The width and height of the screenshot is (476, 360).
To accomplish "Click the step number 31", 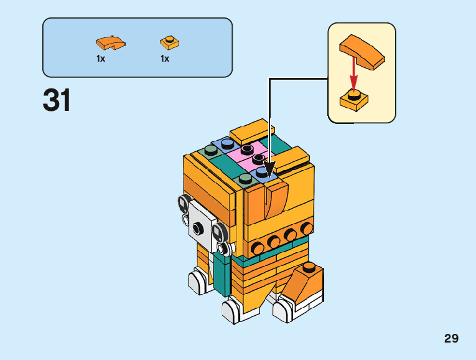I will point(57,102).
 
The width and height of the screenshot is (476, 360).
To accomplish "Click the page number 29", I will point(451,339).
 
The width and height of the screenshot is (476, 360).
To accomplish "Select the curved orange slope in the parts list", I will point(110,42).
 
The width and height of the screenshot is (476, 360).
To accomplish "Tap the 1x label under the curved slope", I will point(101,59).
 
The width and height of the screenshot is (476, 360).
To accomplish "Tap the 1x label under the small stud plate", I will point(165,59).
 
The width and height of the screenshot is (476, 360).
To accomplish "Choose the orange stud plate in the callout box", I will point(353,100).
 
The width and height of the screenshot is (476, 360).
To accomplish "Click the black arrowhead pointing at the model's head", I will point(269,169).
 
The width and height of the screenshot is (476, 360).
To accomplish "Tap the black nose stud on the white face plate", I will point(198,229).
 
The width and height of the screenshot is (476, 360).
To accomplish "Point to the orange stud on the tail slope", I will point(308,267).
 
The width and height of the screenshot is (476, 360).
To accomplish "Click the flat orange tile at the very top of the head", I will point(253,131).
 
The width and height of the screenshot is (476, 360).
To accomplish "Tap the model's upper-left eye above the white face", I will point(183,202).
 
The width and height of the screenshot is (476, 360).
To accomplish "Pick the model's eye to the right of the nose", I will point(219,232).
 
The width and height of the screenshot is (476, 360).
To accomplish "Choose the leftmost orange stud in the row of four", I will point(257,249).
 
